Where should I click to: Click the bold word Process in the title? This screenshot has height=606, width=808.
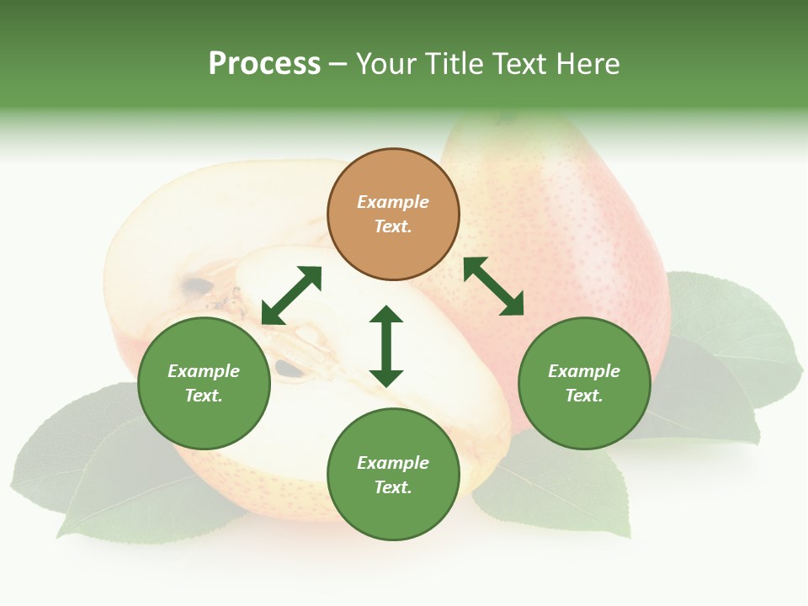pos(264,64)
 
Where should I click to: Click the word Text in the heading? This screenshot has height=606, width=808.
pos(522,64)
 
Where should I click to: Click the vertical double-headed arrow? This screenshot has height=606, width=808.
pos(386,346)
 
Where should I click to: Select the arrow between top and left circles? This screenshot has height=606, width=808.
pos(291,295)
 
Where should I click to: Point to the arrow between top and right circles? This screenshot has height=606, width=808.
pos(493,287)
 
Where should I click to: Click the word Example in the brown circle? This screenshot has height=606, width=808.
pos(393,202)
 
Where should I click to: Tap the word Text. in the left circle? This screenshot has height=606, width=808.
pos(204,396)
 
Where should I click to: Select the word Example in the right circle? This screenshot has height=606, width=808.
pos(584,371)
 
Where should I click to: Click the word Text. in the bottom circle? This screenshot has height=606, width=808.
pos(393,487)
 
